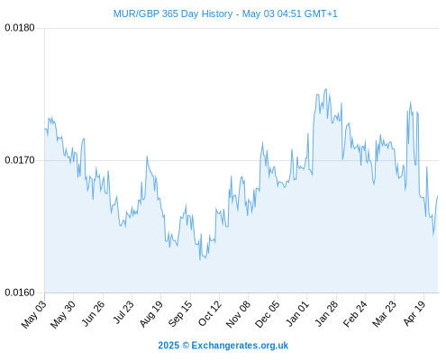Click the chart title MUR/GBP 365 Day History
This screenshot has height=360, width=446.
click(x=173, y=13)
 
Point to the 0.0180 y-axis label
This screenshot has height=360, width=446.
click(x=20, y=28)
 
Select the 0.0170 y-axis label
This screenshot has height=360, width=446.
click(x=20, y=160)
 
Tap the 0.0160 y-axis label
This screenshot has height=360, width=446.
click(x=20, y=292)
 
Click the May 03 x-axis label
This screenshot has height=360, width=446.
click(x=34, y=314)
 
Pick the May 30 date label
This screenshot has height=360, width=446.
click(x=63, y=314)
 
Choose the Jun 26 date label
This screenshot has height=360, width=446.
click(x=93, y=313)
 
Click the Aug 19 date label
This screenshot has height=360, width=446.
click(x=150, y=314)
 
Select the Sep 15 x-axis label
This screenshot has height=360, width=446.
click(x=180, y=314)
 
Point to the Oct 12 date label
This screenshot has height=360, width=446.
click(x=210, y=313)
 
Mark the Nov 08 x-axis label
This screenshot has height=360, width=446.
click(x=238, y=314)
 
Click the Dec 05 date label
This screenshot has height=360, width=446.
click(x=268, y=314)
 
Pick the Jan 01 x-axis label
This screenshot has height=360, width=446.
click(x=297, y=313)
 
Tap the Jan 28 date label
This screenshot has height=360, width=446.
click(x=326, y=313)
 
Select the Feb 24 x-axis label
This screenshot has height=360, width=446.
click(x=355, y=314)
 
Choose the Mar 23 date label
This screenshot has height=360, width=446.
click(x=385, y=314)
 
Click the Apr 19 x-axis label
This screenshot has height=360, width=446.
click(x=414, y=313)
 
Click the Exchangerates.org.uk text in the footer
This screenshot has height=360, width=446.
click(x=240, y=346)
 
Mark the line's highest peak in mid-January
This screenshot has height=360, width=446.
click(x=325, y=89)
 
